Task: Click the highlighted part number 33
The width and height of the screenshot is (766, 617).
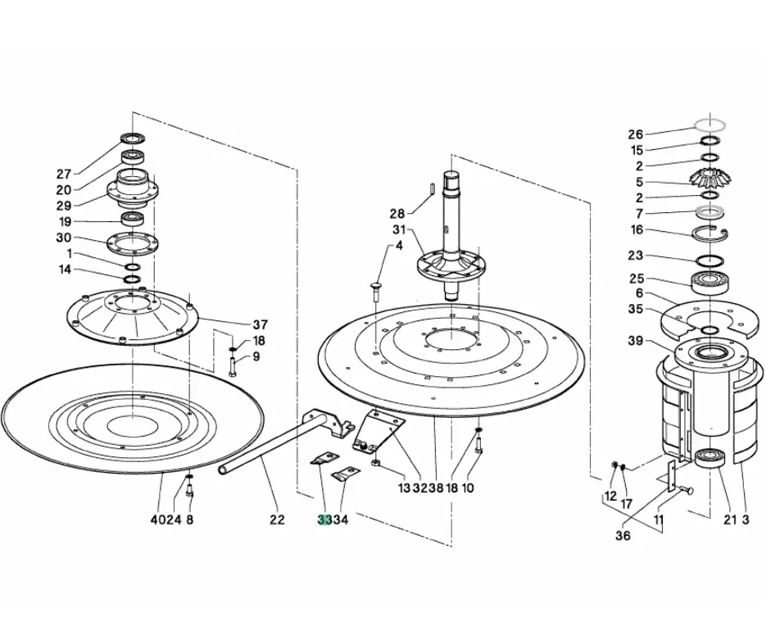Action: coord(324,519)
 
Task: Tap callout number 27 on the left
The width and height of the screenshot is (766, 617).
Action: coord(64,173)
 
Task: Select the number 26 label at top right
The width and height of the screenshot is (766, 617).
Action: coord(636,134)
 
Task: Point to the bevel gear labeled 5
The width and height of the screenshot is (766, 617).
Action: coord(709,178)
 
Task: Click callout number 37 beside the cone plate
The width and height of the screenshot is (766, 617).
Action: coord(261,324)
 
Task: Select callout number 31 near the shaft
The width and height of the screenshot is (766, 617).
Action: coord(399,229)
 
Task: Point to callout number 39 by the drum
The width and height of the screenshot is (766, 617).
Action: coord(636,341)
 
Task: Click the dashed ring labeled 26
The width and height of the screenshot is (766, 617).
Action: coord(709,125)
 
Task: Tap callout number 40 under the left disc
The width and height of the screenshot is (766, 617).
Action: coord(156,519)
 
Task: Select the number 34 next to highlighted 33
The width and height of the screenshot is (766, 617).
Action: coord(341,519)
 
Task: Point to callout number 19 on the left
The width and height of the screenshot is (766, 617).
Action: coord(64,222)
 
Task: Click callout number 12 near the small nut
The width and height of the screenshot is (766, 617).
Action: coord(610,497)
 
